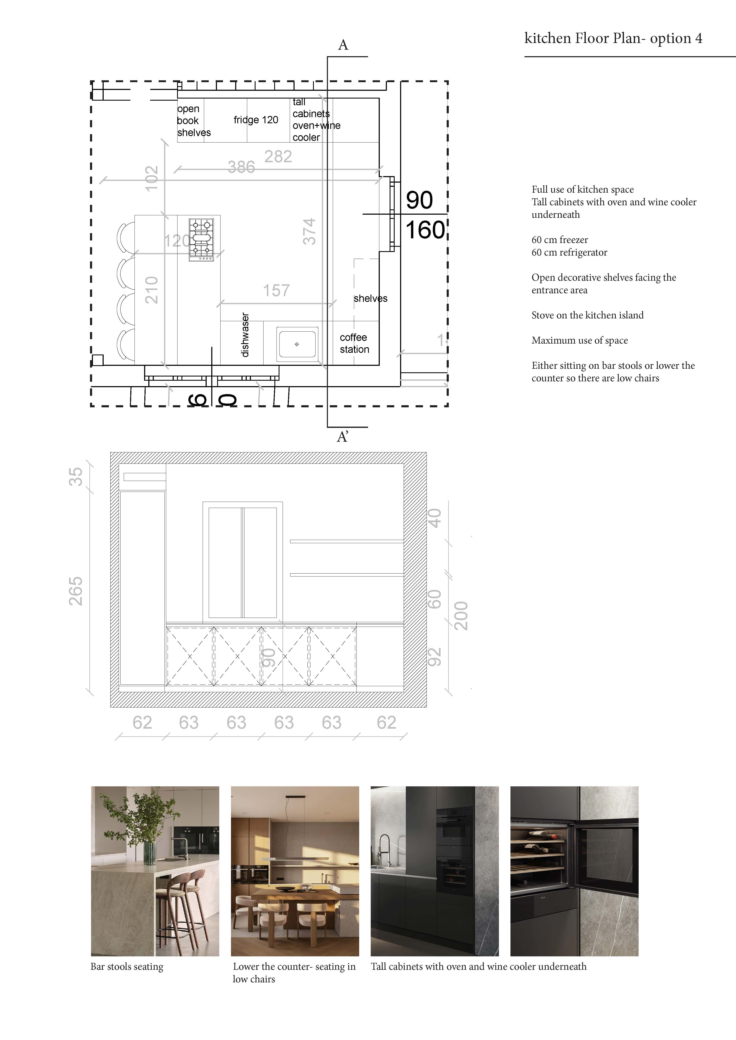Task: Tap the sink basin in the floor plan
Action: pyautogui.click(x=297, y=344)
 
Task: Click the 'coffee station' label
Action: pyautogui.click(x=354, y=343)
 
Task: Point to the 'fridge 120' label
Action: pyautogui.click(x=256, y=120)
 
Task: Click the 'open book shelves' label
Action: pyautogui.click(x=194, y=121)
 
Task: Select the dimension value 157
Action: pyautogui.click(x=277, y=290)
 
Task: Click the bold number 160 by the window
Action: pyautogui.click(x=425, y=230)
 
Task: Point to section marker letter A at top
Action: pyautogui.click(x=343, y=45)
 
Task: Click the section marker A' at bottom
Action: pyautogui.click(x=343, y=437)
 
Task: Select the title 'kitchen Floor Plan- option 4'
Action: pyautogui.click(x=613, y=39)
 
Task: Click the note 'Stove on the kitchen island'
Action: pyautogui.click(x=587, y=315)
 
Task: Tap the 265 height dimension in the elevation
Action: pyautogui.click(x=76, y=591)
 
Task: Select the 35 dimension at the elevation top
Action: pyautogui.click(x=76, y=477)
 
